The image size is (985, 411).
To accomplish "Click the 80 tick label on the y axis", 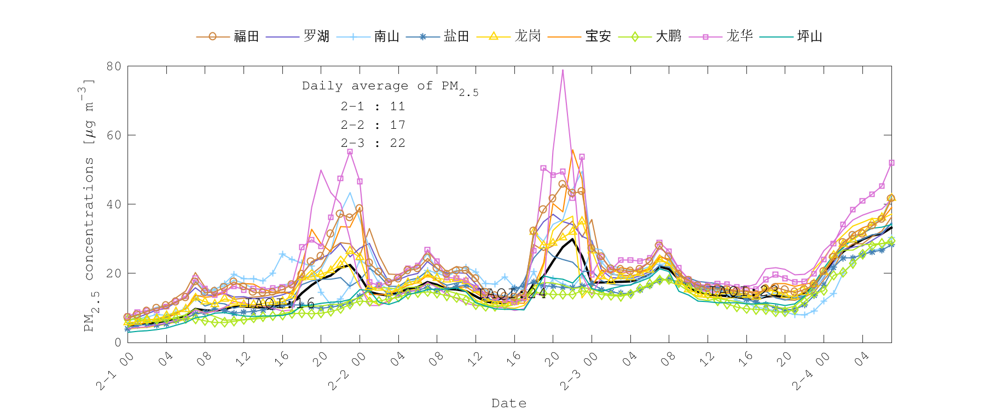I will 114,66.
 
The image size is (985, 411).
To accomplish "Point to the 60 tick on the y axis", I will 114,135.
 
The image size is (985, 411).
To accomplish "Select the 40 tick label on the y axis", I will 114,204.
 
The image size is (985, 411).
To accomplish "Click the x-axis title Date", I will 509,403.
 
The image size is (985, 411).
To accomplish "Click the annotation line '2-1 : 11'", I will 373,107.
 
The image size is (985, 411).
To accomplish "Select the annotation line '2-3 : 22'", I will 373,143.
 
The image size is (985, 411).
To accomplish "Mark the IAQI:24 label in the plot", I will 512,294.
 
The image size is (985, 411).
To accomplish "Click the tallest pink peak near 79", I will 563,70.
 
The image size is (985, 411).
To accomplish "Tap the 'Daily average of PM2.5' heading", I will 390,87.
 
